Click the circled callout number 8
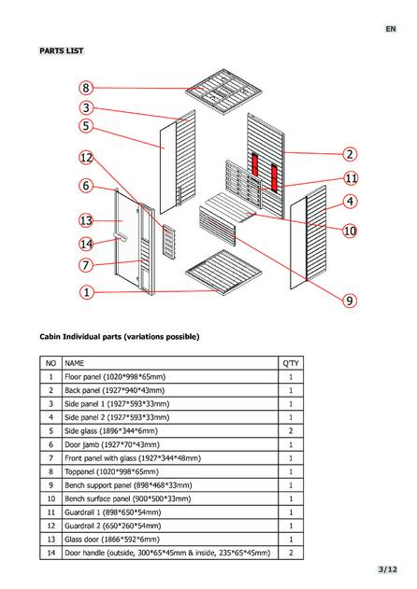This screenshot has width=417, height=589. point(86,88)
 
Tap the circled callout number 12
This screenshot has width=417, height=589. point(86,158)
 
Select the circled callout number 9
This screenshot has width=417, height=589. point(350,301)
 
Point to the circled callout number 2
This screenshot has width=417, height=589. point(350,154)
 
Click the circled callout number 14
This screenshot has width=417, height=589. point(86,245)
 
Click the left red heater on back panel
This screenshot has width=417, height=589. point(255,165)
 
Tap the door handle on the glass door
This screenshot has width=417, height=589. point(120,237)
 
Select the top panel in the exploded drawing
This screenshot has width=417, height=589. point(223,91)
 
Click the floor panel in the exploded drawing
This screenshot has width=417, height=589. point(223,273)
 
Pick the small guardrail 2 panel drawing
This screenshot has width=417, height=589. point(169,242)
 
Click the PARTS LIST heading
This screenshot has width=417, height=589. point(62,50)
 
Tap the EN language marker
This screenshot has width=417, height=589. point(391,29)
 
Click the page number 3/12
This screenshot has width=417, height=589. point(388,569)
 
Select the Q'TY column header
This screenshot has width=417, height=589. point(291,363)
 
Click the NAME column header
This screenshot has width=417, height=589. point(74,363)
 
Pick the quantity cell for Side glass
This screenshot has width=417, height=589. point(291,431)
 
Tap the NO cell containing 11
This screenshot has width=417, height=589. point(50,512)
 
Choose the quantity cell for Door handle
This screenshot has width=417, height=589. point(291,553)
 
